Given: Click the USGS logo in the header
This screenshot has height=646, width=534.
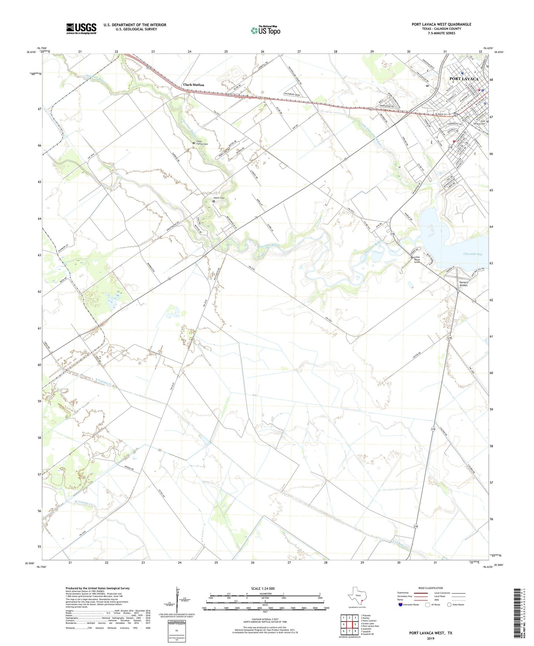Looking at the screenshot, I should pos(81,28).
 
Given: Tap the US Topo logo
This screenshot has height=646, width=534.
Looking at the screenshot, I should pos(265,30).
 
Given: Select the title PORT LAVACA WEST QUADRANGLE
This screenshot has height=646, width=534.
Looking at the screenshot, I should pos(441,24).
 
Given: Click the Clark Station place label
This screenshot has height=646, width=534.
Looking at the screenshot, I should pos(194,85).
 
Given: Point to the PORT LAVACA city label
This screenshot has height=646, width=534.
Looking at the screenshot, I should pos(464,79).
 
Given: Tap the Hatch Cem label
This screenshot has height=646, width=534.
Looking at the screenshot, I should pos(219,198).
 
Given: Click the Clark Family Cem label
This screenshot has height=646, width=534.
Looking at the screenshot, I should pos(201,142).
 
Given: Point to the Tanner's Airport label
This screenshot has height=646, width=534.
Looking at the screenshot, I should pos(463,284).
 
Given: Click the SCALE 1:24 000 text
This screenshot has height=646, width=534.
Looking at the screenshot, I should pos(263,589).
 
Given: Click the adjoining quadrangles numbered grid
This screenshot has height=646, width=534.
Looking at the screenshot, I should pos(349,625).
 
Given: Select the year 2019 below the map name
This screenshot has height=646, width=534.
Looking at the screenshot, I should pos(430,638).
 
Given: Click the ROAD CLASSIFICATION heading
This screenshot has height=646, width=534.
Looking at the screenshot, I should pos(430,588).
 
